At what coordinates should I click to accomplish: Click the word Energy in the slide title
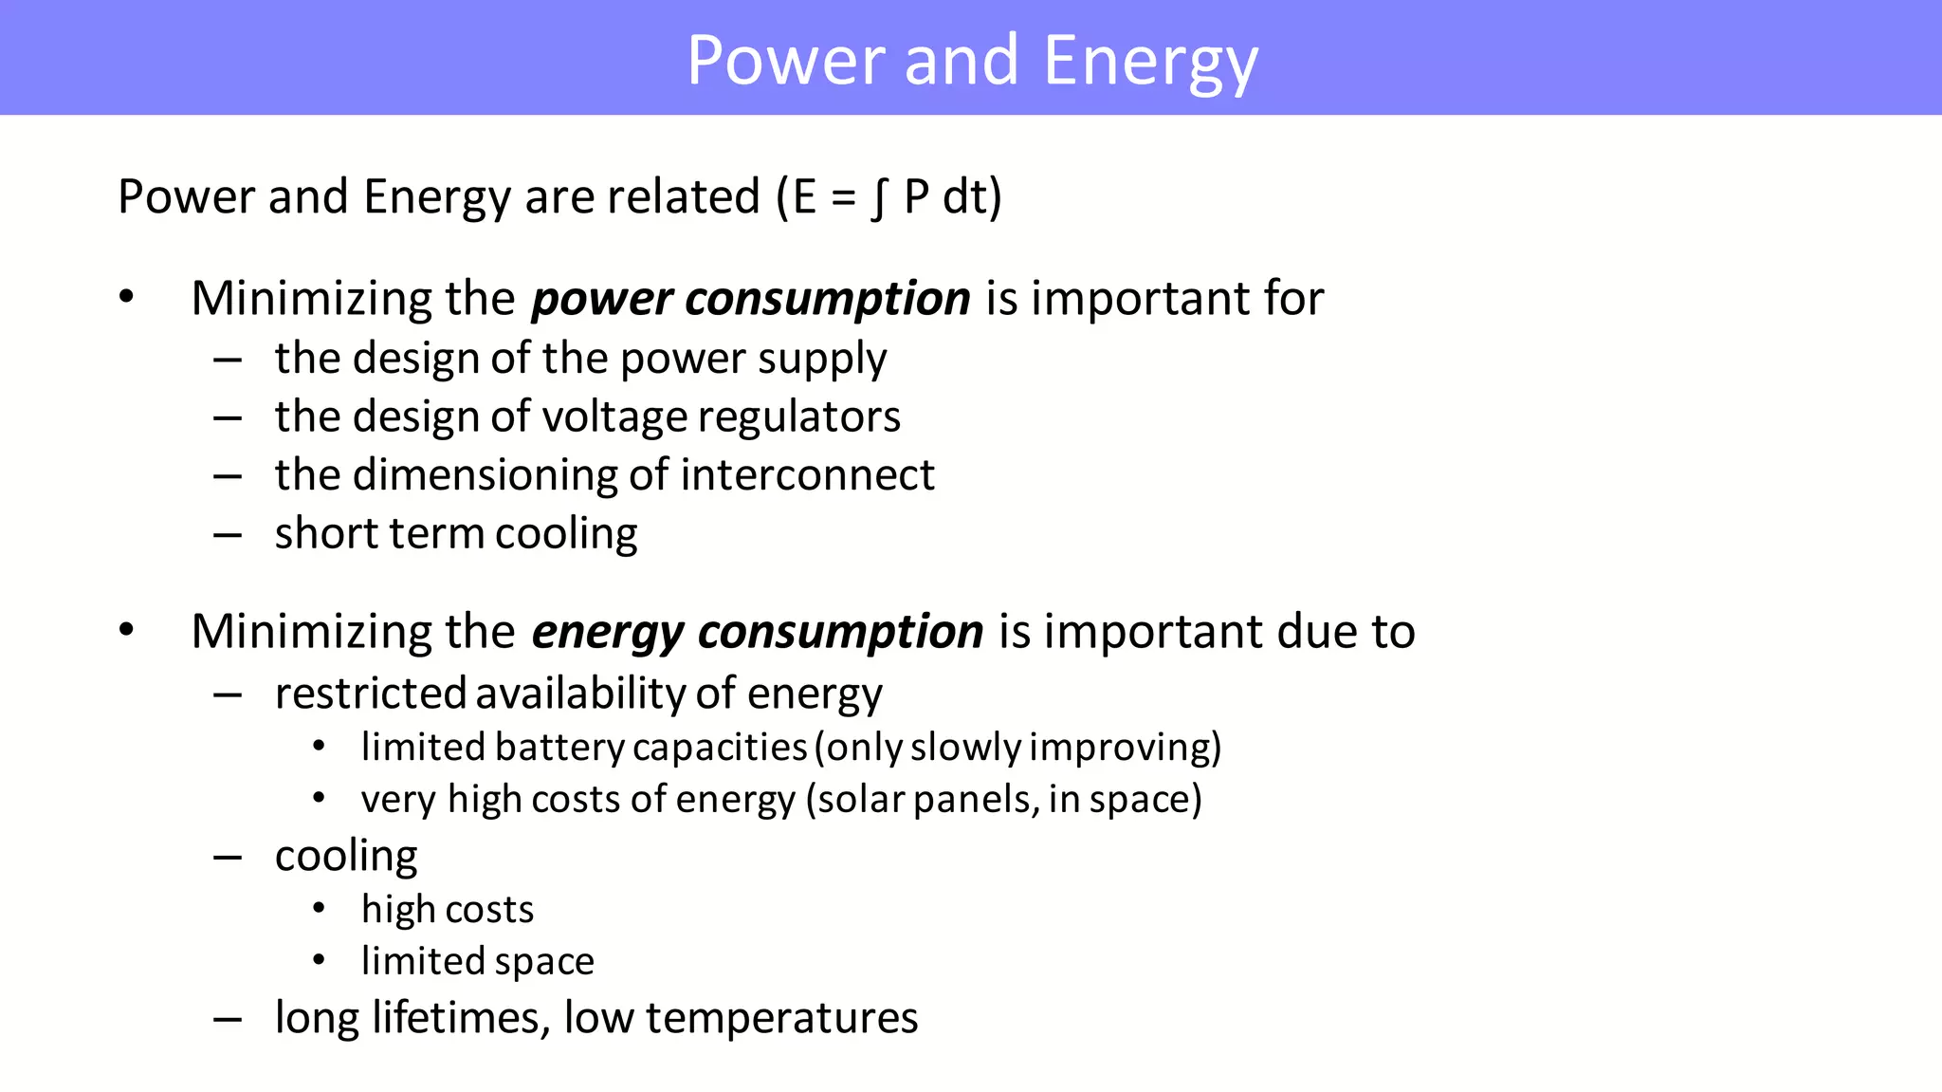1150,62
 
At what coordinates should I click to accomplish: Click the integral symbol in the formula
879,197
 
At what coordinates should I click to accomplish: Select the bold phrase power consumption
750,299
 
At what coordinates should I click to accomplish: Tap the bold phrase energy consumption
757,632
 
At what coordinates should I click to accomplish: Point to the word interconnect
807,475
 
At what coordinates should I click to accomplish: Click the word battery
559,748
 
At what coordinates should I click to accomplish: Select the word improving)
1125,748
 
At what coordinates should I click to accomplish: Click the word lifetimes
461,1018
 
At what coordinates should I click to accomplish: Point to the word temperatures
781,1018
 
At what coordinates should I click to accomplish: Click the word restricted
371,694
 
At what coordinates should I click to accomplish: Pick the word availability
580,694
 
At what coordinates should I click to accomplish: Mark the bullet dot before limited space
320,961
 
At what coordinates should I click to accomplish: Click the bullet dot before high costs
320,909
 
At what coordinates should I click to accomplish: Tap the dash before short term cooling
228,535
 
